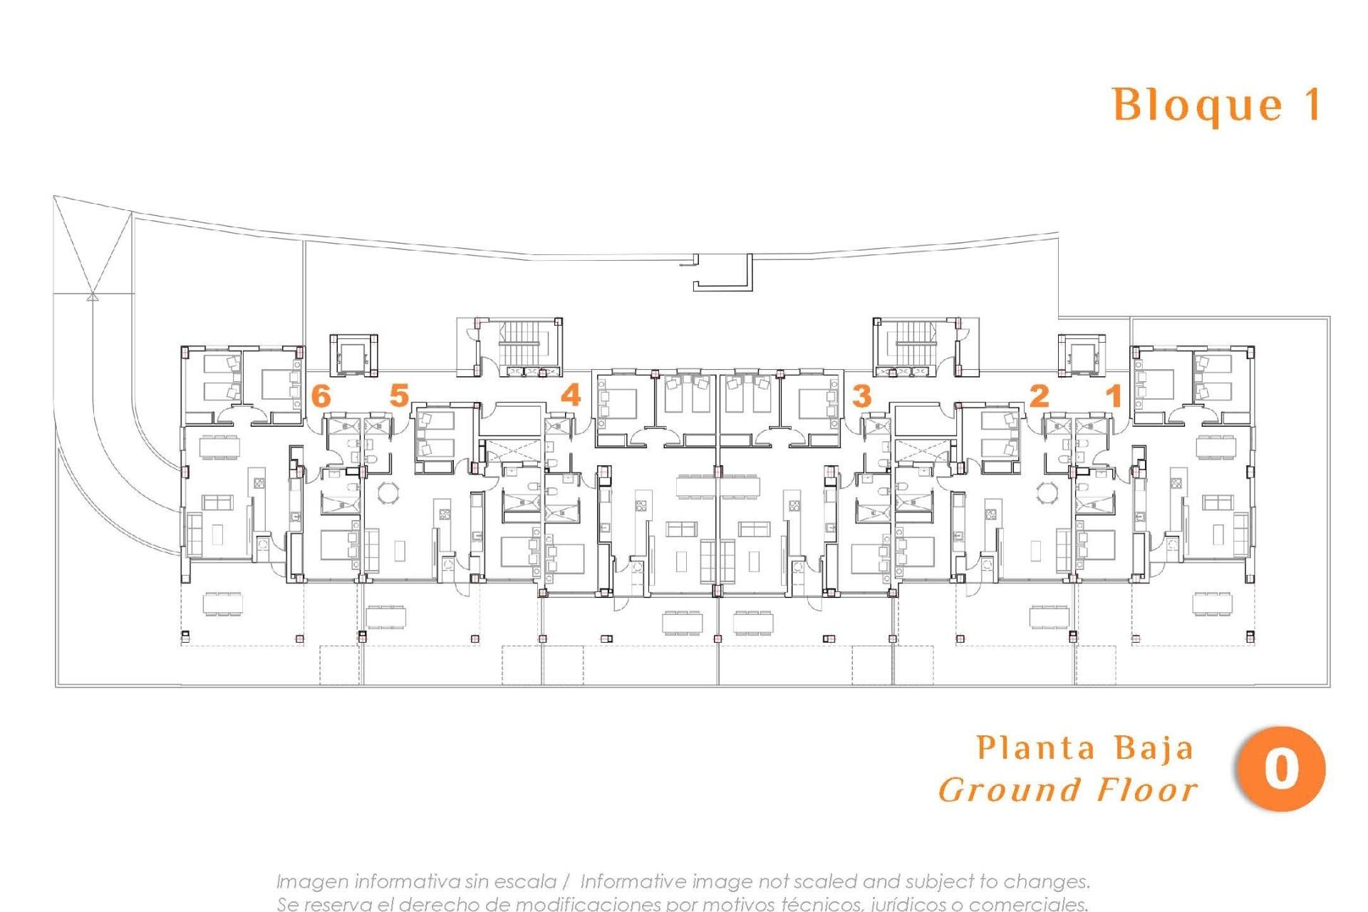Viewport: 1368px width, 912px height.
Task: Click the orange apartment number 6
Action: pyautogui.click(x=321, y=395)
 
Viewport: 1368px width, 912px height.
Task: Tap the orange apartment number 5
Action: pyautogui.click(x=399, y=395)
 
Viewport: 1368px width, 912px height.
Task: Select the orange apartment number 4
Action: pyautogui.click(x=571, y=395)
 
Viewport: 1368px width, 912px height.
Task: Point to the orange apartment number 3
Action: pyautogui.click(x=861, y=396)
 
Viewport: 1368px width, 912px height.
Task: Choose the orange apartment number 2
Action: pyautogui.click(x=1040, y=395)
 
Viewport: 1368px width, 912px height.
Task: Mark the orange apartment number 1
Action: pyautogui.click(x=1114, y=395)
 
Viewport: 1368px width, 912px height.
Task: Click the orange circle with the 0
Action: pyautogui.click(x=1281, y=769)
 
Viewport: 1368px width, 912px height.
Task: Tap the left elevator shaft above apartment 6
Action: pyautogui.click(x=353, y=354)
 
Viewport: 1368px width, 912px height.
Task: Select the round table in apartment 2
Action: pyautogui.click(x=1048, y=492)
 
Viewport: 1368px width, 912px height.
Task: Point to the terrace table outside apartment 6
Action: pyautogui.click(x=222, y=603)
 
